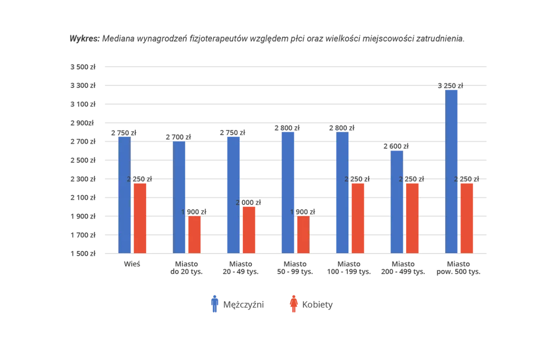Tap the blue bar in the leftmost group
[x=124, y=194]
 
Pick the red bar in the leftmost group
[x=140, y=218]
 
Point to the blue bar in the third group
[x=234, y=194]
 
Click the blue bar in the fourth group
[x=288, y=191]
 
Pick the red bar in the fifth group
[x=358, y=218]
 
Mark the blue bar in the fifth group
[x=342, y=191]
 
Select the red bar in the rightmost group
[x=467, y=218]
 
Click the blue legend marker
[x=214, y=304]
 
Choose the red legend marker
[x=294, y=304]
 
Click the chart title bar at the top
[x=267, y=40]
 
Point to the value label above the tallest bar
[x=451, y=85]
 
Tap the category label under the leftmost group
[x=131, y=264]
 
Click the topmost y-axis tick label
[x=82, y=67]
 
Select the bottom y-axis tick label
[x=82, y=254]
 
